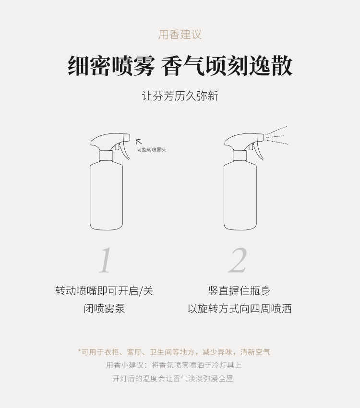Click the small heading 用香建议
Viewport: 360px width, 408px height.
180,35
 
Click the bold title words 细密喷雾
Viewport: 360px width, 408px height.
111,66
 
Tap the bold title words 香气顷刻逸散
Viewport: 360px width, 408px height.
227,66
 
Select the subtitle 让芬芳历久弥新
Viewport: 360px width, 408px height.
180,96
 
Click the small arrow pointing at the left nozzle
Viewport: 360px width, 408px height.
139,142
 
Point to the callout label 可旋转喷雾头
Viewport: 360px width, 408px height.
152,150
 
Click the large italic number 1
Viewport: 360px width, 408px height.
106,260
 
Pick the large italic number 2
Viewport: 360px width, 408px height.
238,260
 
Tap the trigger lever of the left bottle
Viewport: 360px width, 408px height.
125,150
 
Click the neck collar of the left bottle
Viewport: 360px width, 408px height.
106,156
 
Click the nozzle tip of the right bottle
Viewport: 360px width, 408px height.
261,137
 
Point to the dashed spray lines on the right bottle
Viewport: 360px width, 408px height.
277,135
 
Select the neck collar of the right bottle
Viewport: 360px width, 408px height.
240,156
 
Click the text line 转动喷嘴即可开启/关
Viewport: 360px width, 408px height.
104,291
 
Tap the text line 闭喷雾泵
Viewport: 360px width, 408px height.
104,308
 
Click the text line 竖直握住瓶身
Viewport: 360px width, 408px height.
240,291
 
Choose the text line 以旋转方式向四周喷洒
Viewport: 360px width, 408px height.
240,308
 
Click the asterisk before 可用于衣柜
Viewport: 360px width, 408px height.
79,351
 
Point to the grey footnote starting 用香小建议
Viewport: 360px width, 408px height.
174,365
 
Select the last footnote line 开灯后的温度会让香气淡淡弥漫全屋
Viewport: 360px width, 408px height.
173,378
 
